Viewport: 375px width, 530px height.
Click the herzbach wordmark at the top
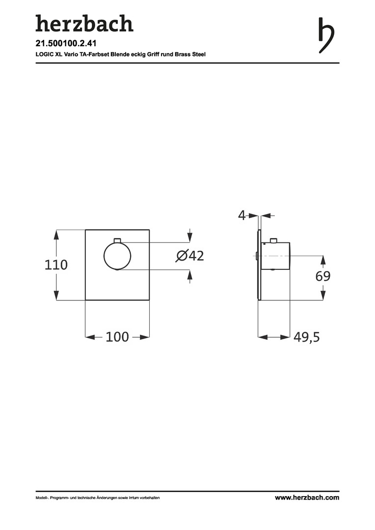(x=84, y=24)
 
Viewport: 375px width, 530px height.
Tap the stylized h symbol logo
(x=326, y=35)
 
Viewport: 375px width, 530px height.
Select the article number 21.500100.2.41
(x=66, y=43)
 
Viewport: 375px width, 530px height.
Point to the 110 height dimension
(x=56, y=265)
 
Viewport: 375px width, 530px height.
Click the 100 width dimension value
(x=117, y=337)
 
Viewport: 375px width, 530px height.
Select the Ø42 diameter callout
(x=189, y=256)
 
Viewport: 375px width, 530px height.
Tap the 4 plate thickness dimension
(x=242, y=215)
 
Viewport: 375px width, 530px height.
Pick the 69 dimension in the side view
(x=322, y=276)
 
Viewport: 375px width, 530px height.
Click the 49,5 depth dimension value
(x=306, y=337)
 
